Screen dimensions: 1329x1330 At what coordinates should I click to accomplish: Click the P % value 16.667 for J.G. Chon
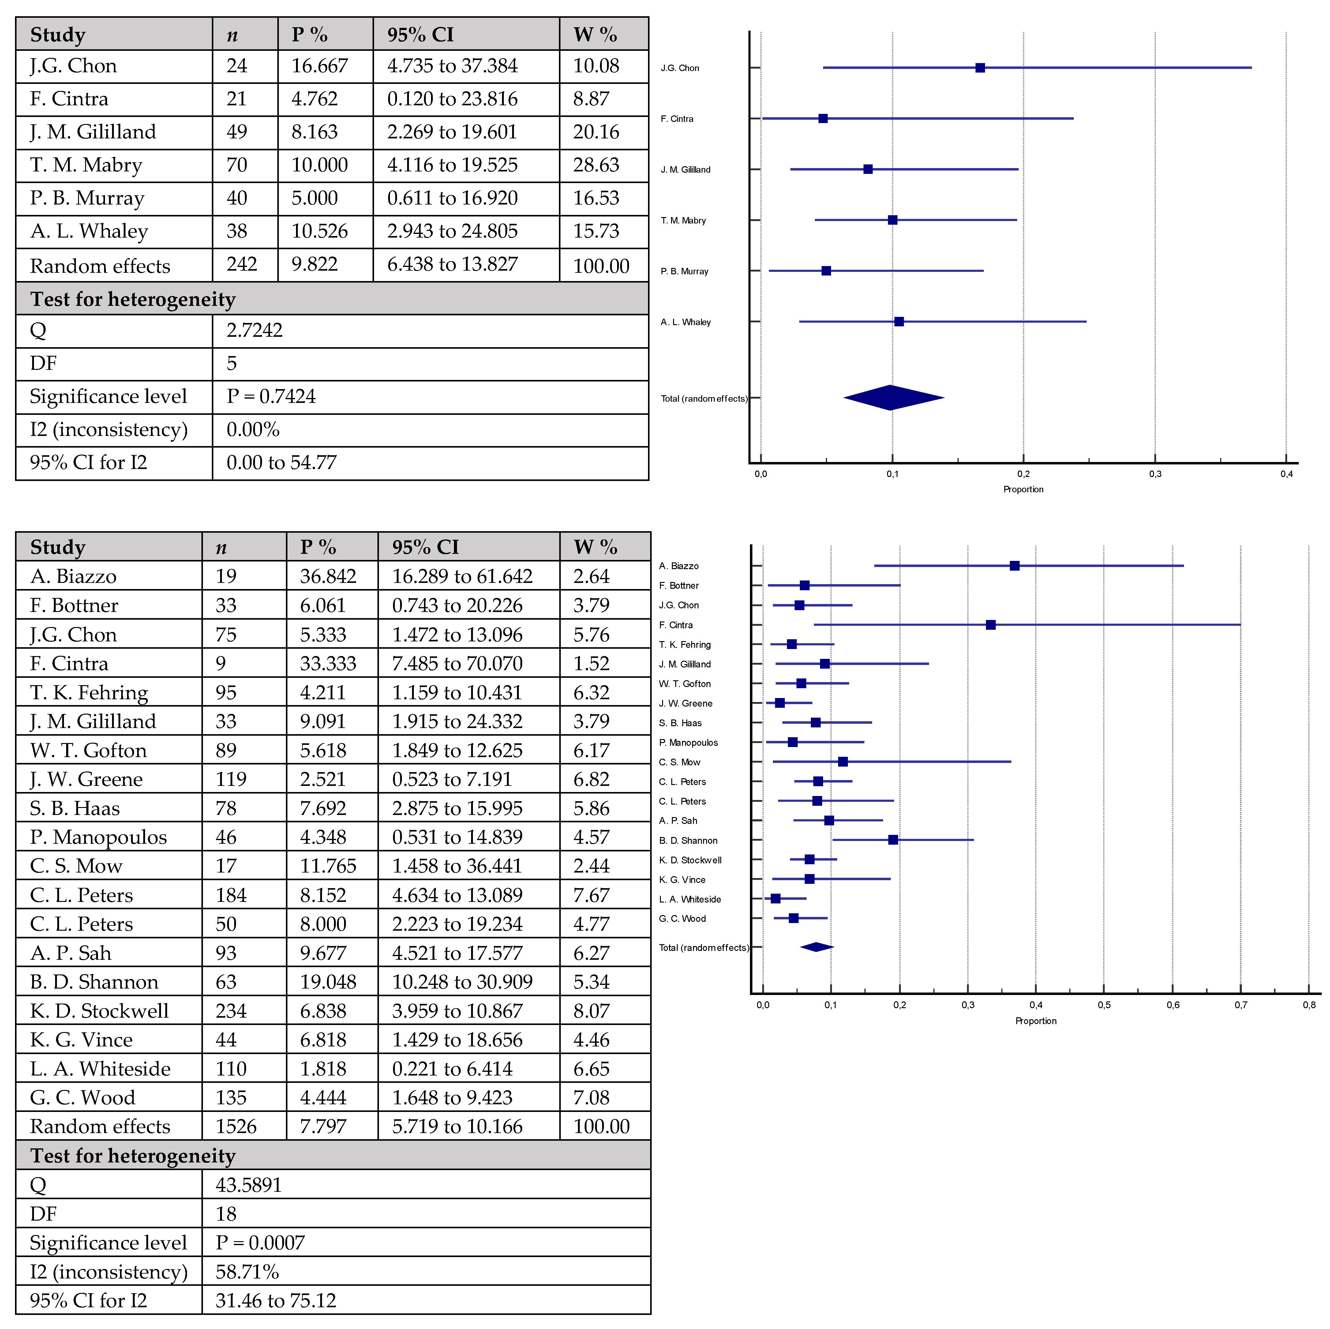click(320, 66)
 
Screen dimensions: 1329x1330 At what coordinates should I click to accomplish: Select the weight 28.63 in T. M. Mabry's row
click(596, 165)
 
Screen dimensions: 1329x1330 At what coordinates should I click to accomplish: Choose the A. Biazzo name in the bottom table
click(73, 576)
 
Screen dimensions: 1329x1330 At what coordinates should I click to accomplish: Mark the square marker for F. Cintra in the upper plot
click(823, 118)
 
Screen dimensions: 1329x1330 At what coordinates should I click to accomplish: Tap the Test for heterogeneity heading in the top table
click(133, 299)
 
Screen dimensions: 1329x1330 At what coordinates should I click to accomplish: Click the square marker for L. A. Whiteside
click(776, 899)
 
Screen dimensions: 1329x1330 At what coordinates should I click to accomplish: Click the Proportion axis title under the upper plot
click(1023, 490)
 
